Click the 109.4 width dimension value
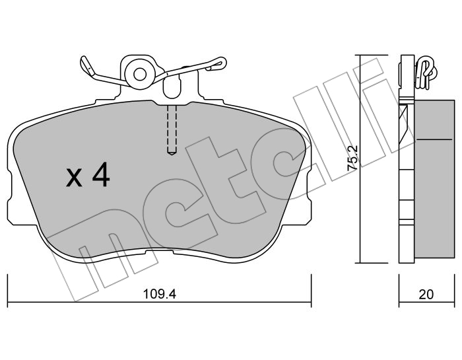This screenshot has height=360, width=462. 160,294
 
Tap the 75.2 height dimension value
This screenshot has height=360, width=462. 352,158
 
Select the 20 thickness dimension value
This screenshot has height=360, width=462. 426,294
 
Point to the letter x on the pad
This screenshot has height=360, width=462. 74,178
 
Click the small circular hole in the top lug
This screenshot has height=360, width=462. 140,74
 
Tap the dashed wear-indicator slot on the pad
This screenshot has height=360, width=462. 172,129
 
